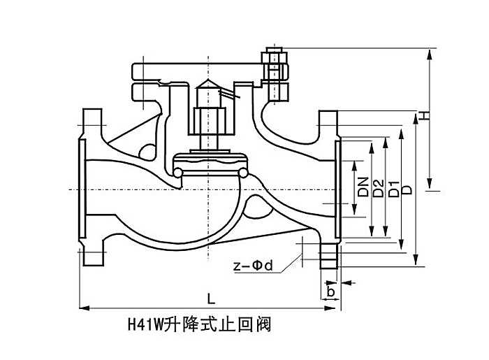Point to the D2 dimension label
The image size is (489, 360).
[379, 187]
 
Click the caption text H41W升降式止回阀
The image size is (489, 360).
[198, 324]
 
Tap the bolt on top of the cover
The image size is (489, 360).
[272, 70]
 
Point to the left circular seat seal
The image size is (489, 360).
[178, 171]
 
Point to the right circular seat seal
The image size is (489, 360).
[244, 171]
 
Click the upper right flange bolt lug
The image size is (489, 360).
[328, 122]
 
